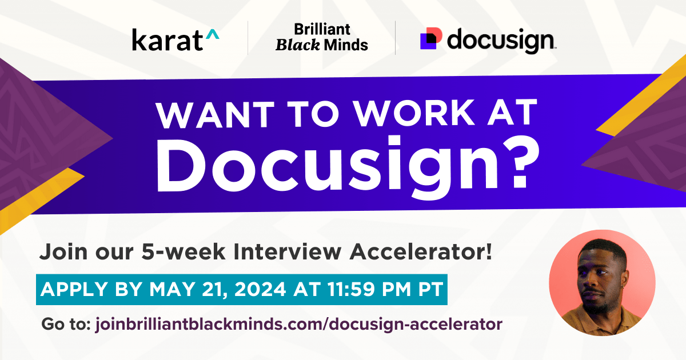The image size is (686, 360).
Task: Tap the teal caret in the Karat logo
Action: point(212,35)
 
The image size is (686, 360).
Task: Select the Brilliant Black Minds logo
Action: point(321,37)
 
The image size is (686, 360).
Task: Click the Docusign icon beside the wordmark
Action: point(431,38)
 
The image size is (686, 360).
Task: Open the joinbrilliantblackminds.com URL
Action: point(297,325)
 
